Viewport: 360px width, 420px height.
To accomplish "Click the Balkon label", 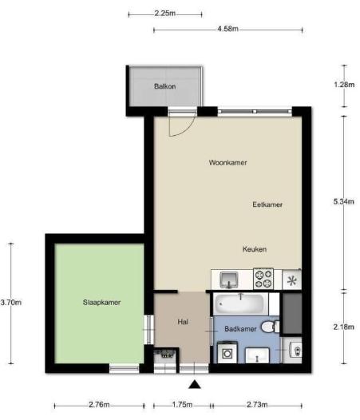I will (164, 86).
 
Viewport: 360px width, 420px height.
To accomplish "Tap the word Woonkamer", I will (227, 162).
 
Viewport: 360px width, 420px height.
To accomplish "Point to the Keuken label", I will (255, 249).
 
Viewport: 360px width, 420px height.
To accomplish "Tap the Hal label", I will (182, 322).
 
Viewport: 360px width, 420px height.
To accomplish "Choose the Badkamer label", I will (239, 328).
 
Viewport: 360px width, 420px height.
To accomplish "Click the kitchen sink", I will (228, 279).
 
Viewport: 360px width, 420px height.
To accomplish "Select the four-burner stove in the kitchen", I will (263, 279).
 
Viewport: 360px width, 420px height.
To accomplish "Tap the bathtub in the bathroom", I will (240, 304).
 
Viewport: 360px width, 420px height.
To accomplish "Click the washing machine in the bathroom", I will (227, 352).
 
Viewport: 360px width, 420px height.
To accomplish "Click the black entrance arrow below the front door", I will (193, 386).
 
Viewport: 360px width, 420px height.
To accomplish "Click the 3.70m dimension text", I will (10, 302).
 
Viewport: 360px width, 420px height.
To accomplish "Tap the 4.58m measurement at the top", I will (227, 30).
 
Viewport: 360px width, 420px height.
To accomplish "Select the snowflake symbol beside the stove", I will (291, 279).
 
